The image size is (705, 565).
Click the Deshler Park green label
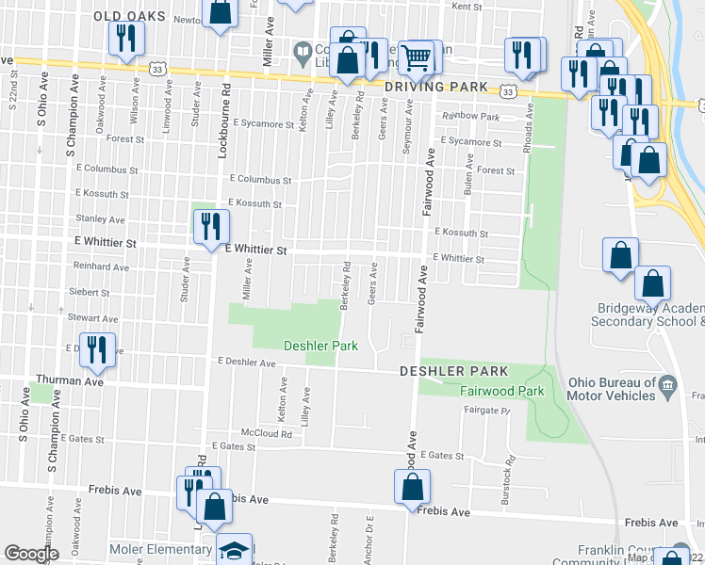pos(321,346)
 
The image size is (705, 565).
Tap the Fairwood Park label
pos(503,390)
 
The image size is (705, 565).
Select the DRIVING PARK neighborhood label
pos(436,88)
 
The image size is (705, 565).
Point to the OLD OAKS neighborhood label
pos(129,17)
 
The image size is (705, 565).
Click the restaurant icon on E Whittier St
pos(209,226)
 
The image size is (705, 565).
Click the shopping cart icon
pos(415,56)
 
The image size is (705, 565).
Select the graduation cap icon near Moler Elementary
pos(235,550)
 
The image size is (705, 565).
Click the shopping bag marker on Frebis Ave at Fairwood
pos(412,487)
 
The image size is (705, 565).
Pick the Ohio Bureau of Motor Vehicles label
pos(611,389)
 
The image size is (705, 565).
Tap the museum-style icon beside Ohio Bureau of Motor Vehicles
pos(667,383)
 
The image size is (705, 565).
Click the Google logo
pos(31,554)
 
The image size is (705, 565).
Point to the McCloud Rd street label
pos(266,433)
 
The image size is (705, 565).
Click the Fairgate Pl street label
pos(492,412)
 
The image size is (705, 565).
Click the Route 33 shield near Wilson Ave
pos(156,69)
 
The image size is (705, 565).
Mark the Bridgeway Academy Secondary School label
pos(650,315)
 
